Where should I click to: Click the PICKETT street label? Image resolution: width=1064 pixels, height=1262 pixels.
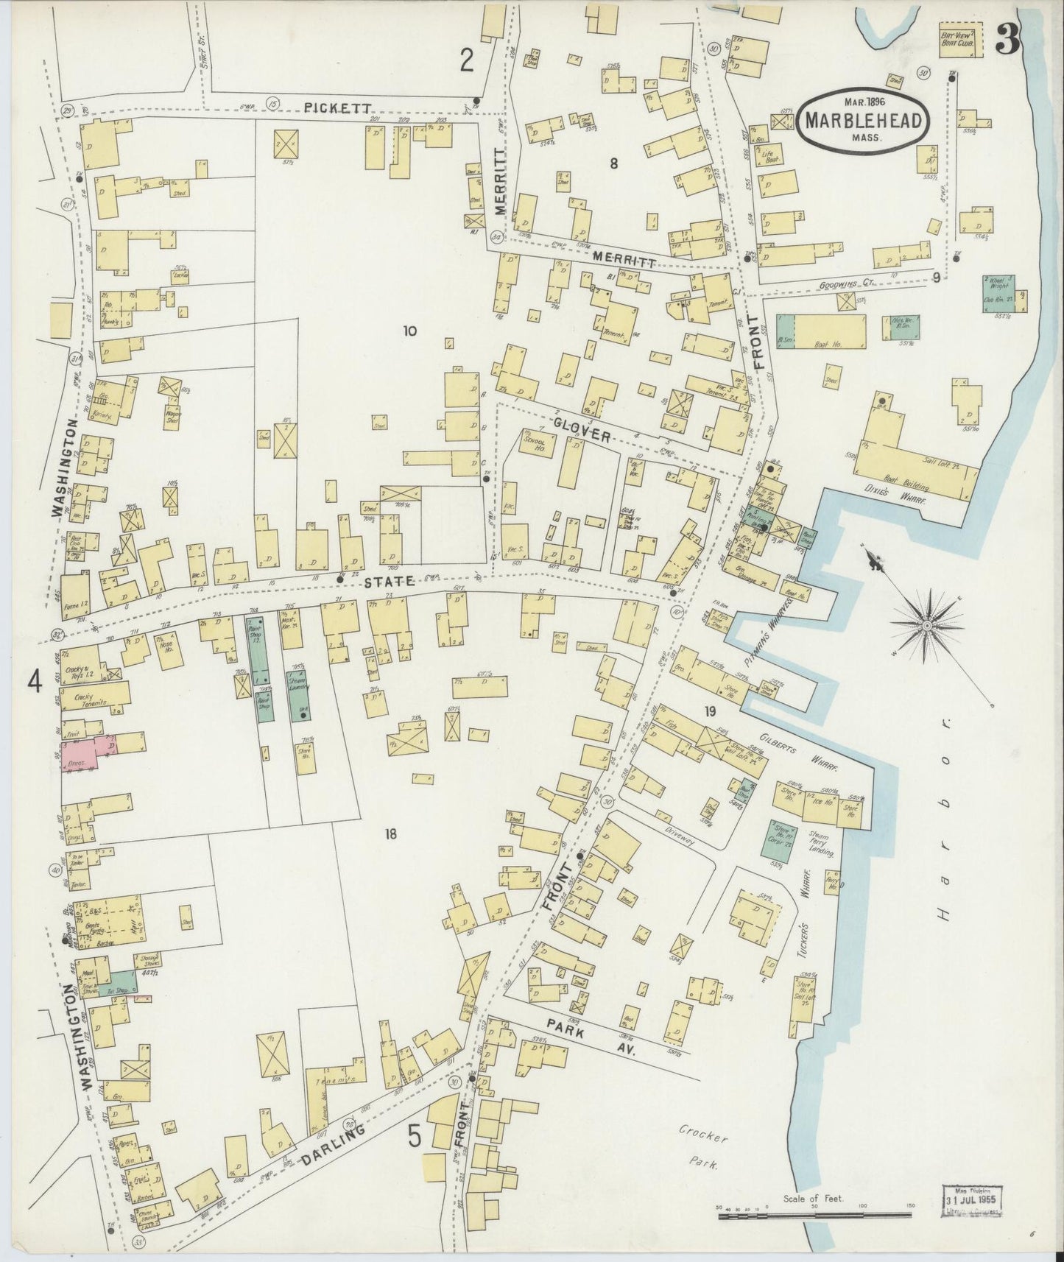328,107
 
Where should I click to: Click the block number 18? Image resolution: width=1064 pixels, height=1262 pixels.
390,834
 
